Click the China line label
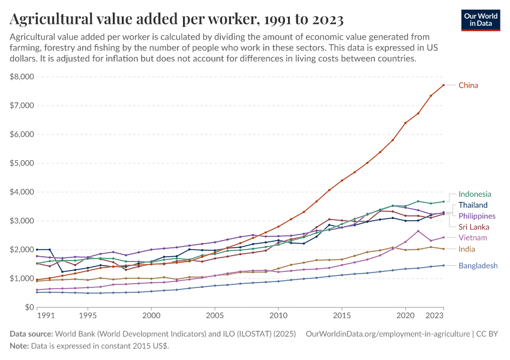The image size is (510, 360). pos(468,85)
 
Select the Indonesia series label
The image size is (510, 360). pos(475,194)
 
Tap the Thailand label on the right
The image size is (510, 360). pos(473,205)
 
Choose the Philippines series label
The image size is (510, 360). pos(477,216)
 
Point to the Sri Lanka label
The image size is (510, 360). pos(473,227)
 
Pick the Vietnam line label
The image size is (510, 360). pos(472,238)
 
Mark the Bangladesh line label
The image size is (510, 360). pos(478,265)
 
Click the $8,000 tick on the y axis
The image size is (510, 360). pos(22,77)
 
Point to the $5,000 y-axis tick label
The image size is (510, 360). pos(22,163)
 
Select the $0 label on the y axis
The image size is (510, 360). pos(28,307)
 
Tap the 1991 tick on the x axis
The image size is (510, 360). pos(45,315)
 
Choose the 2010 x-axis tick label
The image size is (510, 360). pos(278,315)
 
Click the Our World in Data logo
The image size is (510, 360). pos(481,20)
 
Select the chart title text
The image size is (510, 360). pos(176,20)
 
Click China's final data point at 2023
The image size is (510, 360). pos(443,85)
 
